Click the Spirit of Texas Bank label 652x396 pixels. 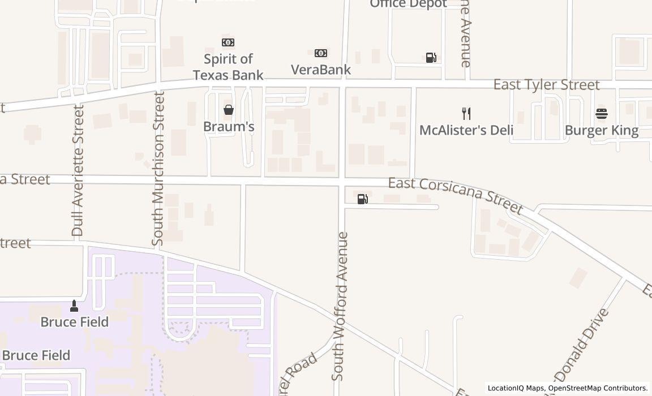pyautogui.click(x=228, y=67)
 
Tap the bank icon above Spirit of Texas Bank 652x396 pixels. pyautogui.click(x=228, y=42)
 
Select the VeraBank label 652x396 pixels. pyautogui.click(x=321, y=70)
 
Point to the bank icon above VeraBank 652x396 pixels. pyautogui.click(x=321, y=53)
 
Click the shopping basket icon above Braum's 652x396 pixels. pyautogui.click(x=229, y=110)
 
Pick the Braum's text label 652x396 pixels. pyautogui.click(x=229, y=126)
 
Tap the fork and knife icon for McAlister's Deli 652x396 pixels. pyautogui.click(x=466, y=114)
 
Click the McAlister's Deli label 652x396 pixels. pyautogui.click(x=466, y=130)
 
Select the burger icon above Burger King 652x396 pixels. pyautogui.click(x=602, y=114)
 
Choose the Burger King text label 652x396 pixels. pyautogui.click(x=602, y=131)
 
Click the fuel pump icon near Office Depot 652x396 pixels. pyautogui.click(x=431, y=58)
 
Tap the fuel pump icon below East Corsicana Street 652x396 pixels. pyautogui.click(x=363, y=199)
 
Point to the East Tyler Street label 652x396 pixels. pyautogui.click(x=546, y=85)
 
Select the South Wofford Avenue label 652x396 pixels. pyautogui.click(x=340, y=305)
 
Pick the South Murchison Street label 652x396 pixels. pyautogui.click(x=158, y=168)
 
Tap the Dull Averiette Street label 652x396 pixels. pyautogui.click(x=78, y=170)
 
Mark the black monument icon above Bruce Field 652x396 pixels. pyautogui.click(x=74, y=306)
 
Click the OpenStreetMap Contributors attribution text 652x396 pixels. pyautogui.click(x=598, y=388)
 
